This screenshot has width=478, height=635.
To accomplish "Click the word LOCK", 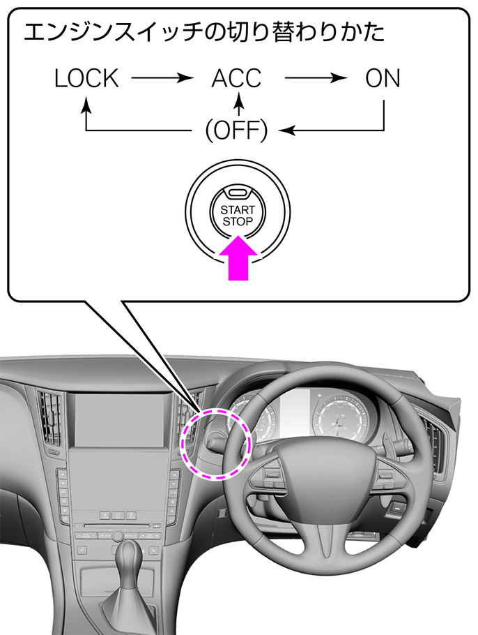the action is [86, 78].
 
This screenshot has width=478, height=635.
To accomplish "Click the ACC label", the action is [237, 78].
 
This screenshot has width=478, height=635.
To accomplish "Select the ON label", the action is [383, 78].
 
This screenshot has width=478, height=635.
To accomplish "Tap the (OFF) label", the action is [237, 130].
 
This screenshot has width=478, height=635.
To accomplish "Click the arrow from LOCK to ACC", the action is [162, 77].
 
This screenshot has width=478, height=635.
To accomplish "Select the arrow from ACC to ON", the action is [316, 77].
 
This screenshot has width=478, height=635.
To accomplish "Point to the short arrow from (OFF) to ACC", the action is [240, 105].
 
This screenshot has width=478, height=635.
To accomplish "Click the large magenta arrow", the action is [238, 258].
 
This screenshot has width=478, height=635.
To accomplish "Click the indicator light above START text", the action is [238, 193].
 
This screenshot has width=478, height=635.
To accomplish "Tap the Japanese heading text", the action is [204, 32].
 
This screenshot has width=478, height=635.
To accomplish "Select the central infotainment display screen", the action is [120, 419].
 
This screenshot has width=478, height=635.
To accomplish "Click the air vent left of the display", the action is [49, 417].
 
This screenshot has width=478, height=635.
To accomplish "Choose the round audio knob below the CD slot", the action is [118, 535].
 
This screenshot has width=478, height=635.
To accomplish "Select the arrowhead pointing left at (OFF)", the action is [286, 130].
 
